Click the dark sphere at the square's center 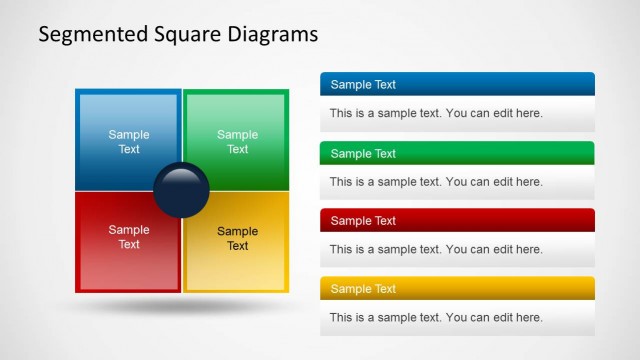(182, 190)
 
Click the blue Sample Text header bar (457, 85)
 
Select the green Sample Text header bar (457, 153)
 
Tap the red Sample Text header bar (457, 220)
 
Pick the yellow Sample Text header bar (457, 288)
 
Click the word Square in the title (180, 34)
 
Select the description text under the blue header (436, 113)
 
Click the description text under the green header (436, 182)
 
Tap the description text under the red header (436, 249)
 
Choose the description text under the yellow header (436, 317)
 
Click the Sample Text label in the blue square (129, 142)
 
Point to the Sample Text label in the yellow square (237, 238)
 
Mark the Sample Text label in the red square (129, 237)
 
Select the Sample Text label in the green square (237, 142)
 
